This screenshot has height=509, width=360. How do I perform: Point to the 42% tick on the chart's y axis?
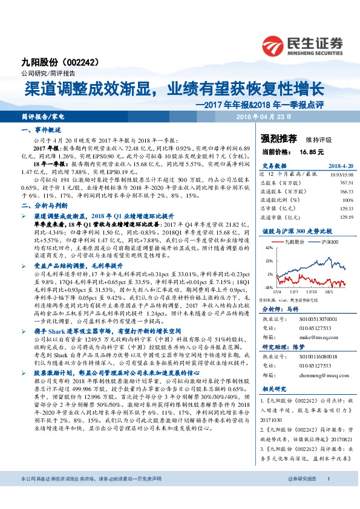click(269, 248)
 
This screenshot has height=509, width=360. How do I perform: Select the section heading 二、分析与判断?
click(42, 206)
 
